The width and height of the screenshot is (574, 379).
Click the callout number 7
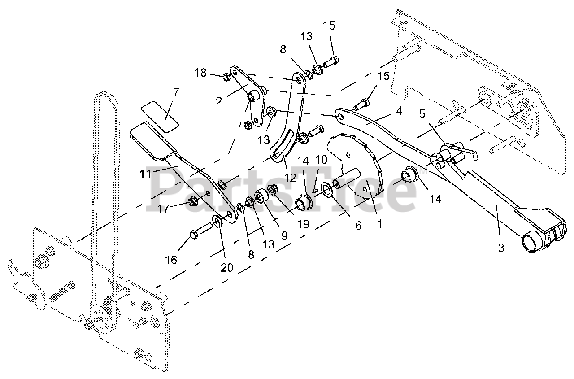[x=175, y=93]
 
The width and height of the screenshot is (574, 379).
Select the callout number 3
[x=501, y=248]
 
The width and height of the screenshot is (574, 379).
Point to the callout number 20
[x=227, y=268]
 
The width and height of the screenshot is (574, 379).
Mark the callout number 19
[x=303, y=223]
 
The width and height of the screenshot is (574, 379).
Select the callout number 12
[x=290, y=178]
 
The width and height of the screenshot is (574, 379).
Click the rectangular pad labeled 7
[x=160, y=116]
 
